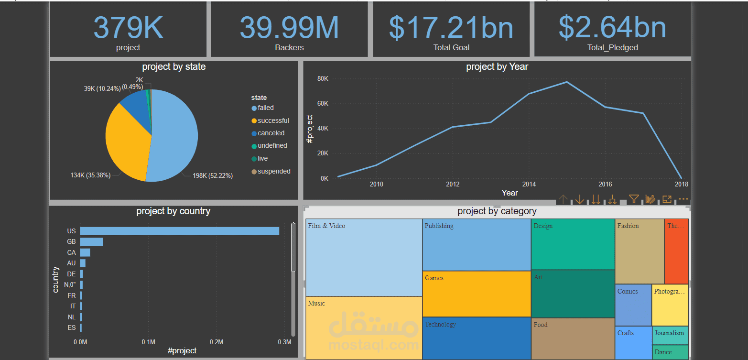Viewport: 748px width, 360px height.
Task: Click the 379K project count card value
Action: coord(128,28)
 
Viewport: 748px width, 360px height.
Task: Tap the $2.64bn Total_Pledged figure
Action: coord(612,28)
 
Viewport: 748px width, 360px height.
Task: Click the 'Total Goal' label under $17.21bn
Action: coord(451,47)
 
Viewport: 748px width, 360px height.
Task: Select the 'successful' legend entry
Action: coord(273,120)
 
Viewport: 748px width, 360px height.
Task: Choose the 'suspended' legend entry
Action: coord(273,171)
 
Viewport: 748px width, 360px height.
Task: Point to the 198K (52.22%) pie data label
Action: coord(212,175)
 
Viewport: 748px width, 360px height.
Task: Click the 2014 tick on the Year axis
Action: coord(529,184)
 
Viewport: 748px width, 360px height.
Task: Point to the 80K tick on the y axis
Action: coord(323,78)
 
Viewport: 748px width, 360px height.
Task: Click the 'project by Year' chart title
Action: coord(497,67)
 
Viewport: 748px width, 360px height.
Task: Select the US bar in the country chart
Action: coord(179,231)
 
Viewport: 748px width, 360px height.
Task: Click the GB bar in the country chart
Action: coord(91,242)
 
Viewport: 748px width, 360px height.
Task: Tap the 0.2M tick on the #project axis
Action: coord(217,342)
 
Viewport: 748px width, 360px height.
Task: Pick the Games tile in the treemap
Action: coord(477,294)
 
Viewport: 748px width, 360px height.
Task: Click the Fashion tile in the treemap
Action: coord(639,251)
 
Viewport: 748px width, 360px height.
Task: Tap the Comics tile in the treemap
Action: coord(633,305)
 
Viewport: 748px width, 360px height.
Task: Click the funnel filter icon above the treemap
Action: coord(634,199)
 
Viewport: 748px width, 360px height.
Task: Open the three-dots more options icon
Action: coord(683,199)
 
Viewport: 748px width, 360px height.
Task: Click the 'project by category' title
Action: coord(497,211)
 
